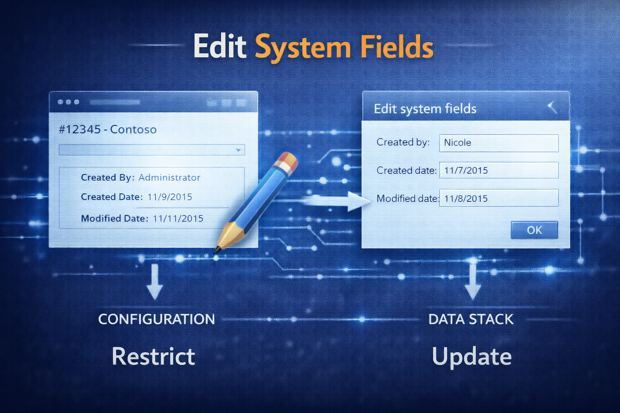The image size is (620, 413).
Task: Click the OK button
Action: (534, 230)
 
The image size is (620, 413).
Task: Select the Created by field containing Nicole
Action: (499, 143)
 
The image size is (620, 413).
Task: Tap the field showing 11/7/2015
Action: (499, 170)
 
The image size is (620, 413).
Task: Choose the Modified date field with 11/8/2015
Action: (499, 198)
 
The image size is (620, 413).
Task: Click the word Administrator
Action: (169, 177)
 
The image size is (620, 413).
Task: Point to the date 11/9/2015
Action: (170, 197)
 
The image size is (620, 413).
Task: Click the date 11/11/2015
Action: (178, 219)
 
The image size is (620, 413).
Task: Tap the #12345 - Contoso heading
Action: (107, 129)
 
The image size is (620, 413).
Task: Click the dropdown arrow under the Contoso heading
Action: (238, 150)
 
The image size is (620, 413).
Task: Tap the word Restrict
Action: (153, 357)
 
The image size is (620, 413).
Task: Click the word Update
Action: (471, 357)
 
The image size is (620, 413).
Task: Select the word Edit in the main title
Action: (220, 47)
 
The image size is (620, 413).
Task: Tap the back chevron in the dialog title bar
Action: (552, 107)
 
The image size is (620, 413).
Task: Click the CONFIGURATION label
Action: (156, 319)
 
